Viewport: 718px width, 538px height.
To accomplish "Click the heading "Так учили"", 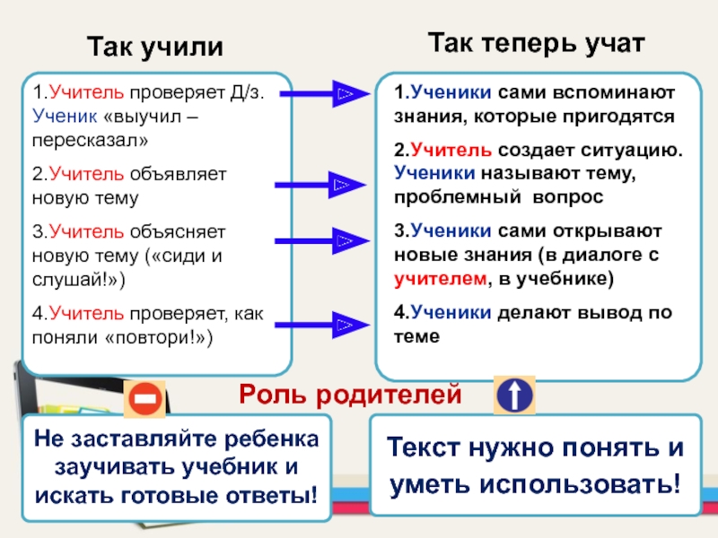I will click(x=154, y=46).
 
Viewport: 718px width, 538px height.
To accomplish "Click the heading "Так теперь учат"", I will click(x=535, y=41).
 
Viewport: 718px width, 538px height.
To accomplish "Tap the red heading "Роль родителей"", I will click(x=350, y=394).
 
